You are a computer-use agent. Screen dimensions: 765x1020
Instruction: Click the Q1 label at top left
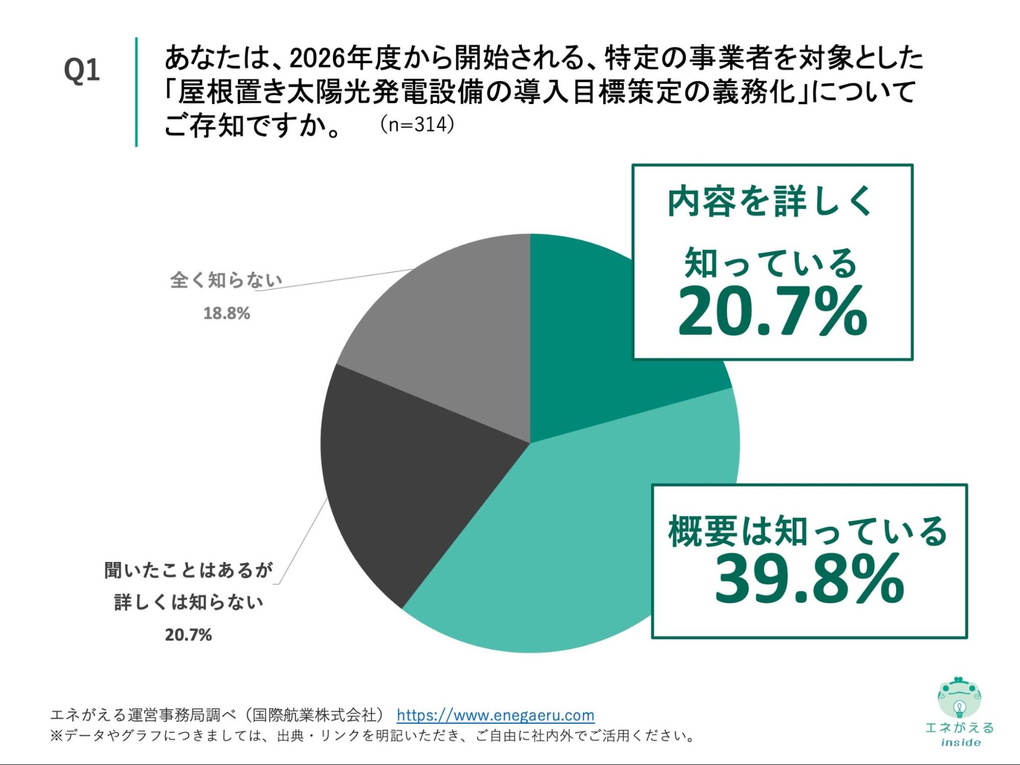(x=82, y=70)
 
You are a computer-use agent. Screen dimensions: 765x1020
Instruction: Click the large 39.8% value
(x=809, y=580)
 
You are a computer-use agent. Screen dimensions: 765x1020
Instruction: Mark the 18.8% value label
(x=227, y=313)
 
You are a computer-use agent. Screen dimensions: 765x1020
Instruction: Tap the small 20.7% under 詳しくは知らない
(x=188, y=635)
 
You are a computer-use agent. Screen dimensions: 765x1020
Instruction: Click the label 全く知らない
(x=227, y=280)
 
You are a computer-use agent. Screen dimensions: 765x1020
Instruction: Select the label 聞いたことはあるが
(x=189, y=570)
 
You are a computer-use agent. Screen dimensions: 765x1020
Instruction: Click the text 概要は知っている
(x=808, y=531)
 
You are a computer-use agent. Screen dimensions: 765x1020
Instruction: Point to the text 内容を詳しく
(x=770, y=201)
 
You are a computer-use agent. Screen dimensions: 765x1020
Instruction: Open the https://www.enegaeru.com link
(x=495, y=715)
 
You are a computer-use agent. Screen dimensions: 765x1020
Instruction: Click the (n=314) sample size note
(x=417, y=124)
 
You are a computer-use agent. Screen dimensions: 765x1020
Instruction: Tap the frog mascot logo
(x=959, y=698)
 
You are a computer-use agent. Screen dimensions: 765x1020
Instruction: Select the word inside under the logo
(x=960, y=743)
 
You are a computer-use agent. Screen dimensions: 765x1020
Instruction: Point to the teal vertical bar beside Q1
(x=136, y=92)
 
